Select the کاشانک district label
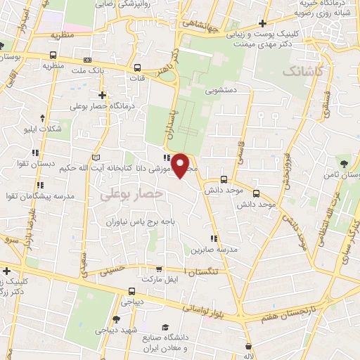[301, 72]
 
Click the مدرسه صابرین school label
[214, 250]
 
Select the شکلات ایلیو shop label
[59, 127]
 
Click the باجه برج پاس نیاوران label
[147, 221]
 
